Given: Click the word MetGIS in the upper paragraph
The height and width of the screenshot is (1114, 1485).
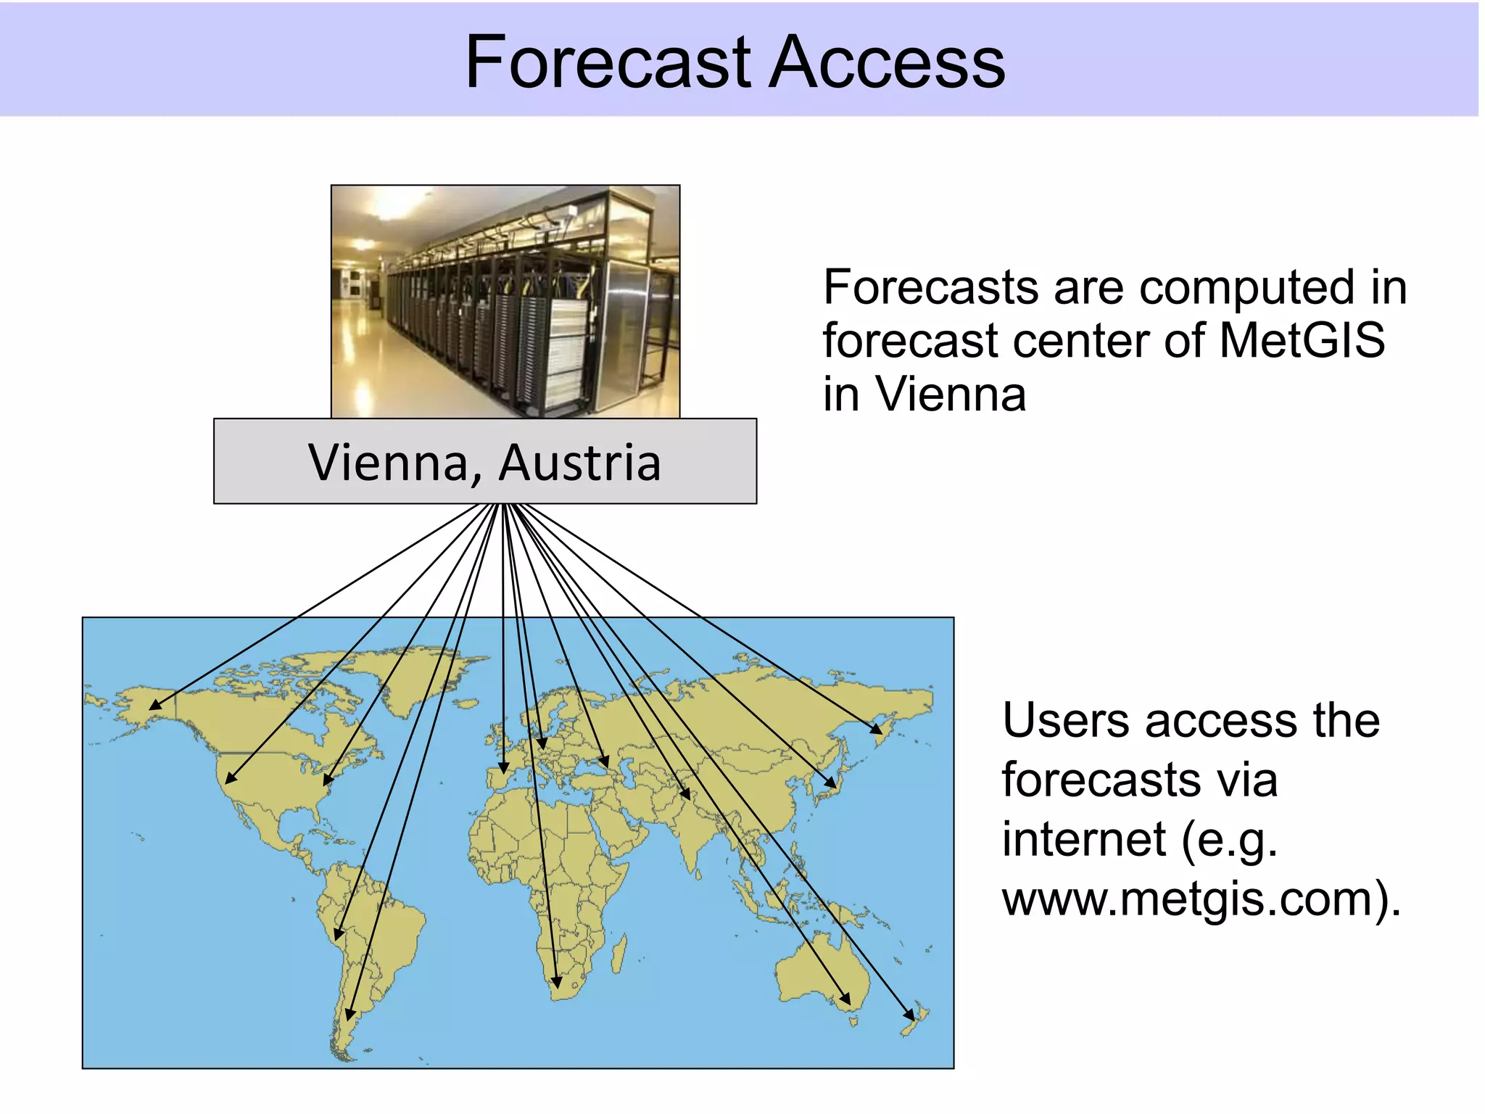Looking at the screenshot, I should (x=1302, y=340).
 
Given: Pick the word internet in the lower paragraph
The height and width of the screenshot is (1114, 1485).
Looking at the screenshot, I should (x=1083, y=839).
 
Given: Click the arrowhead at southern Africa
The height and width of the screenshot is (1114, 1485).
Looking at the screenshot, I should (x=556, y=983).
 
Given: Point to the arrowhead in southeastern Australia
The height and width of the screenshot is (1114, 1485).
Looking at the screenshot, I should (x=845, y=999).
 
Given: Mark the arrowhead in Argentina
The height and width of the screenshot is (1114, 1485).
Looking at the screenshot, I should (x=349, y=1015).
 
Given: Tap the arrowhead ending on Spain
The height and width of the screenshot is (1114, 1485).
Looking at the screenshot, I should (x=503, y=768).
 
